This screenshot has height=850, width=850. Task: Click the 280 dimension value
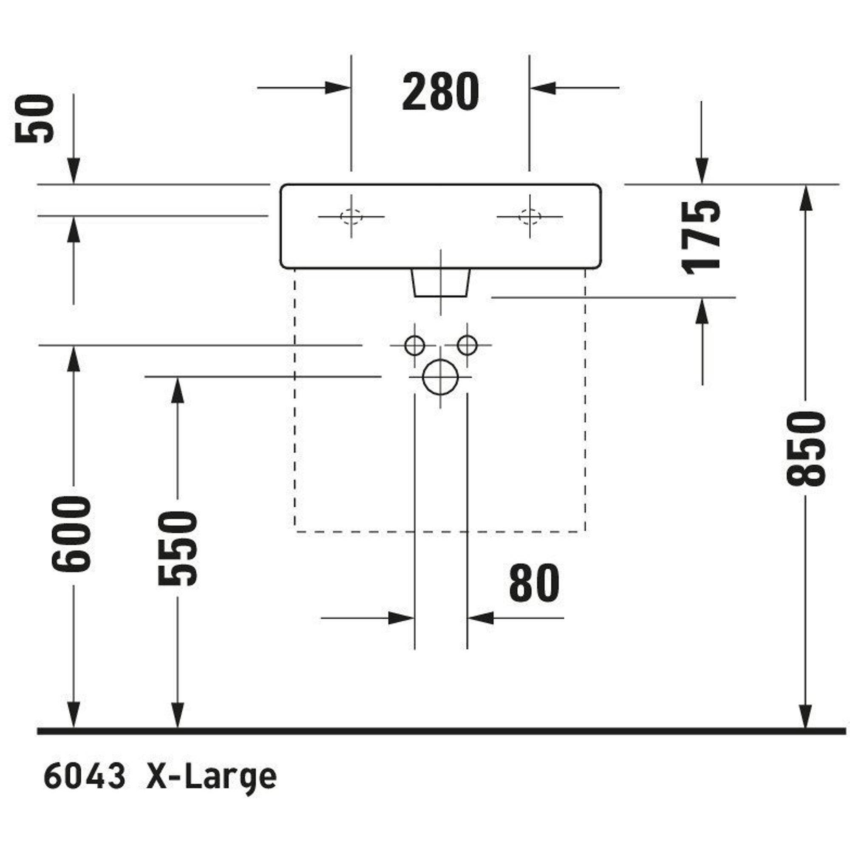click(440, 92)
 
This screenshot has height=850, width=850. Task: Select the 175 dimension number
click(701, 237)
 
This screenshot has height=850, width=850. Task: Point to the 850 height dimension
click(805, 448)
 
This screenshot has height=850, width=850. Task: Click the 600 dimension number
click(71, 534)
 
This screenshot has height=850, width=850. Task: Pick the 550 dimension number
click(177, 548)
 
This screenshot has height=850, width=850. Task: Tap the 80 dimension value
click(534, 584)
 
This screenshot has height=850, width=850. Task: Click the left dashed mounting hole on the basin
click(351, 216)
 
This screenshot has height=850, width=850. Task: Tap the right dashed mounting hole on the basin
click(530, 216)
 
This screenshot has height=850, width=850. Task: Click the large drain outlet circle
click(440, 377)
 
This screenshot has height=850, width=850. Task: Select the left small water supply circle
click(414, 346)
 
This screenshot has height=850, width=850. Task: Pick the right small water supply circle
click(467, 346)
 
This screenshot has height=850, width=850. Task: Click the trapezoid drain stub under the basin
click(440, 283)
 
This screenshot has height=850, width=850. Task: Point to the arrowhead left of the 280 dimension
click(338, 88)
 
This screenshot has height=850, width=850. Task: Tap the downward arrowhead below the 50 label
click(74, 171)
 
